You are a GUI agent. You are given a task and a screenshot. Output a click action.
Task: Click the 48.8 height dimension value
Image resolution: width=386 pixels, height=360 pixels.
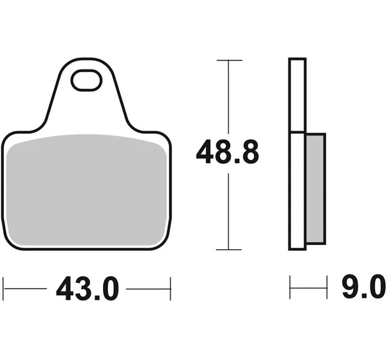click(x=228, y=152)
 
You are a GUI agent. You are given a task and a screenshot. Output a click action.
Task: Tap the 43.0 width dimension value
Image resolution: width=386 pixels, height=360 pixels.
click(x=87, y=289)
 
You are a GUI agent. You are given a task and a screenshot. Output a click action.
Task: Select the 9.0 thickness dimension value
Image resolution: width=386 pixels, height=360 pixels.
click(x=363, y=287)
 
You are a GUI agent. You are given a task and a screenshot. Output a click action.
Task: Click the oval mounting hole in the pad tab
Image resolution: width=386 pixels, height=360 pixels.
click(x=86, y=80)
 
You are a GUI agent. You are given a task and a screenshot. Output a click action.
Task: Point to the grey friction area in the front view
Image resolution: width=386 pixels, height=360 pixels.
click(x=86, y=190)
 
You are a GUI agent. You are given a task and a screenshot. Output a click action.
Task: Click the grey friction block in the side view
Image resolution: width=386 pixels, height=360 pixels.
click(x=315, y=188)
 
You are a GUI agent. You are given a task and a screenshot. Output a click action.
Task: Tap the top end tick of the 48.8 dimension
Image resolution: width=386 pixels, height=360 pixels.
click(x=230, y=60)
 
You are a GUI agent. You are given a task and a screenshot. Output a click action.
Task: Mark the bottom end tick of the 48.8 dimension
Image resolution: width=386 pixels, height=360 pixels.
click(x=228, y=249)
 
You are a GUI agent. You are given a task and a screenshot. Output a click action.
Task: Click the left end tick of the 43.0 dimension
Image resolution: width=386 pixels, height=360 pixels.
click(x=3, y=289)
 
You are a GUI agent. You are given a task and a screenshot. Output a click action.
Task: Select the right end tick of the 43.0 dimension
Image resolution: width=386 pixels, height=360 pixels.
click(x=170, y=289)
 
